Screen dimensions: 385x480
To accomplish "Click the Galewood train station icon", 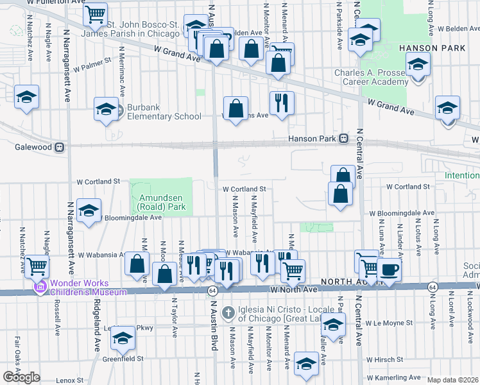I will (x=59, y=146).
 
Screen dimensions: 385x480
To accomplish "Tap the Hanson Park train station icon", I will (x=343, y=137).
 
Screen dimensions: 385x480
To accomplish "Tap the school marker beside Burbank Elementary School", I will (x=106, y=109).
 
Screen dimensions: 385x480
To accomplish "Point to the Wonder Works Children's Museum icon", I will (x=42, y=288).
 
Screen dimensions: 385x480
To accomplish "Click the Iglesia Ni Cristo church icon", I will (x=227, y=312).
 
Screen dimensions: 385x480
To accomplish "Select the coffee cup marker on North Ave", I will (x=389, y=269).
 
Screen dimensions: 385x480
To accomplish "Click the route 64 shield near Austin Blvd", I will (x=212, y=291).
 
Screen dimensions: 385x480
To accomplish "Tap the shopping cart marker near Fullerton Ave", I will (x=95, y=13).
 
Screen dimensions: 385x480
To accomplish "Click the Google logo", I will (x=21, y=377).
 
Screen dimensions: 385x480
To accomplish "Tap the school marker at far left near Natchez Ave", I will (x=27, y=97).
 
